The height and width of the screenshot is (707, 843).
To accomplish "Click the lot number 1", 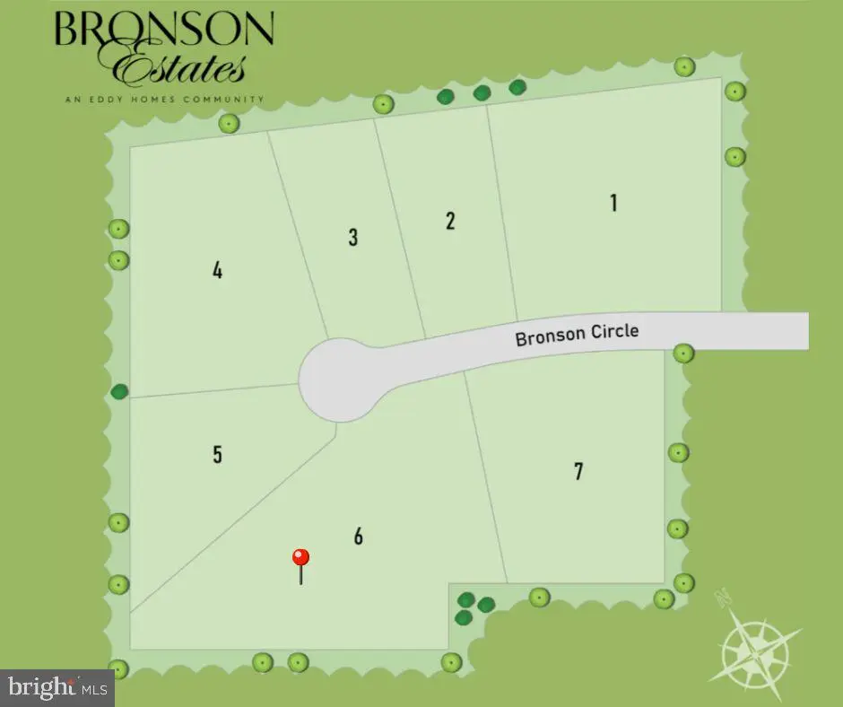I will (x=613, y=203).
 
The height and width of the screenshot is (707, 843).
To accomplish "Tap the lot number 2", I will (x=450, y=221).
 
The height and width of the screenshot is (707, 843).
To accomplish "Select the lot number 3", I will (x=353, y=237).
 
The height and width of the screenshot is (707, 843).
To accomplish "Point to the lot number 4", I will (x=217, y=270).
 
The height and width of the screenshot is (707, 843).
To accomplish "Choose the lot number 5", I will (x=217, y=454).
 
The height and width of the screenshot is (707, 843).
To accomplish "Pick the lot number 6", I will (x=359, y=537).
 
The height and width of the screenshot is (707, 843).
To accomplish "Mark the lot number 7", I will (x=578, y=470).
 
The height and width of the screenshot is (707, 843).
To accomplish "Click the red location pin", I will (x=301, y=558).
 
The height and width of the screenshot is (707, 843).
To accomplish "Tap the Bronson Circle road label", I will (x=577, y=335).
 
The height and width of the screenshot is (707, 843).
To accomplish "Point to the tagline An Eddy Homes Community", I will (x=164, y=99).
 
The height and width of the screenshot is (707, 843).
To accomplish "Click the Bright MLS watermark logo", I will (x=56, y=688).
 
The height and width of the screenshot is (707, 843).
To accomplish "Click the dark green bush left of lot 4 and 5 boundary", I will (x=119, y=391).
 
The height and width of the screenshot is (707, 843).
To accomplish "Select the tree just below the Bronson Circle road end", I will (x=683, y=353).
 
